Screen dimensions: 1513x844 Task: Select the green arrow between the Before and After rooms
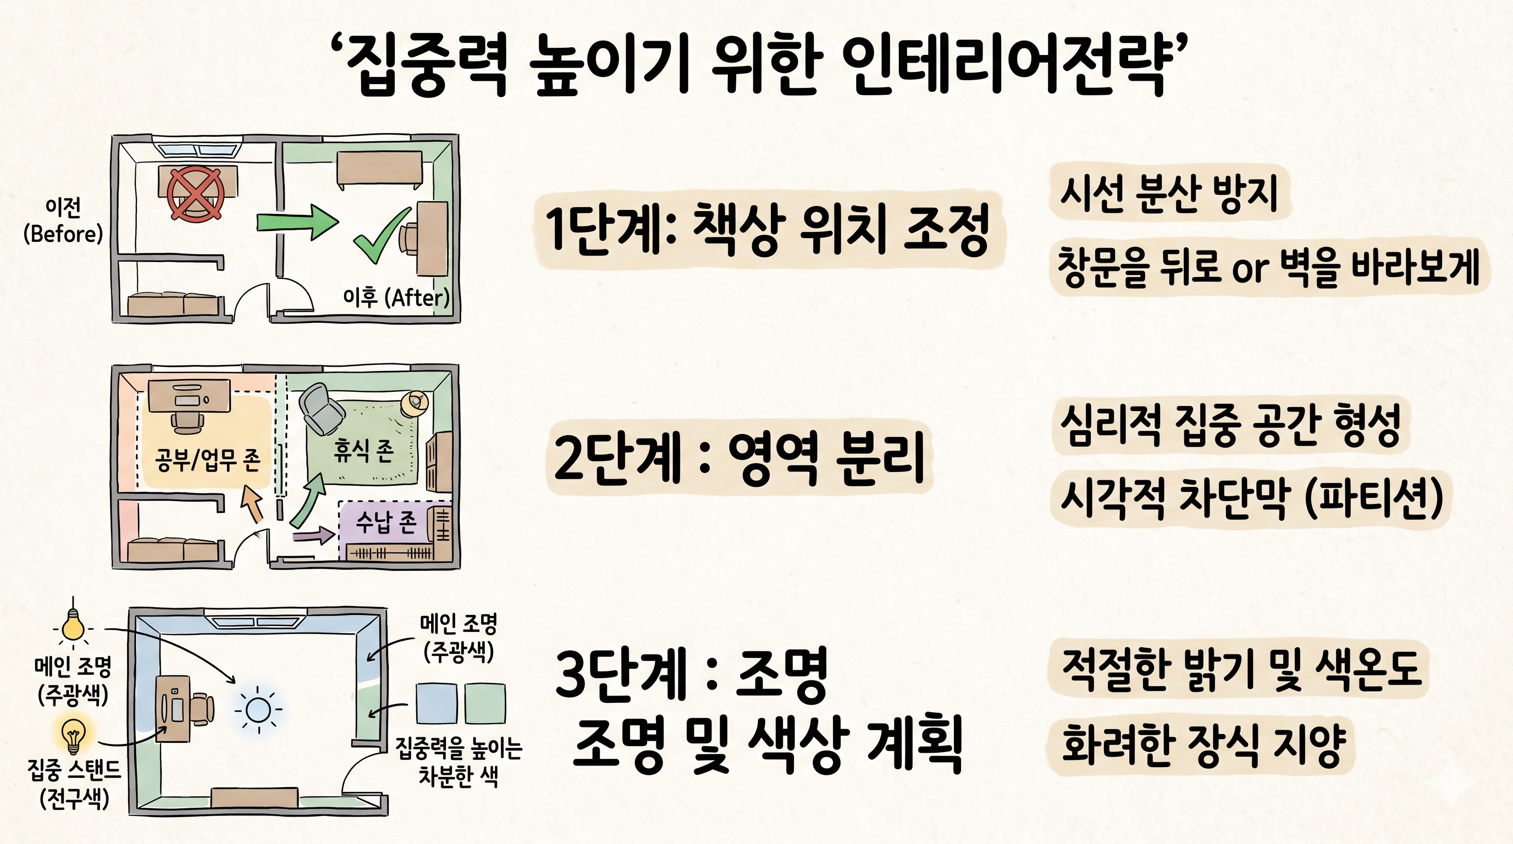tap(297, 222)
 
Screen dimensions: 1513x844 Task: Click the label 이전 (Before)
tap(63, 220)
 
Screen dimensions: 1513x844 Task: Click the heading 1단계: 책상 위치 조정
tap(767, 229)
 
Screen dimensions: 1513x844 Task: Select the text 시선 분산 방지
tap(1169, 192)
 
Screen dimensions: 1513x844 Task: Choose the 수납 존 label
tap(386, 521)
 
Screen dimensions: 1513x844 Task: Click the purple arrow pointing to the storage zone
tap(313, 535)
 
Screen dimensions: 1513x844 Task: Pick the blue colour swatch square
tap(437, 703)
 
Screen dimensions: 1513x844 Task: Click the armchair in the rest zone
tap(320, 409)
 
